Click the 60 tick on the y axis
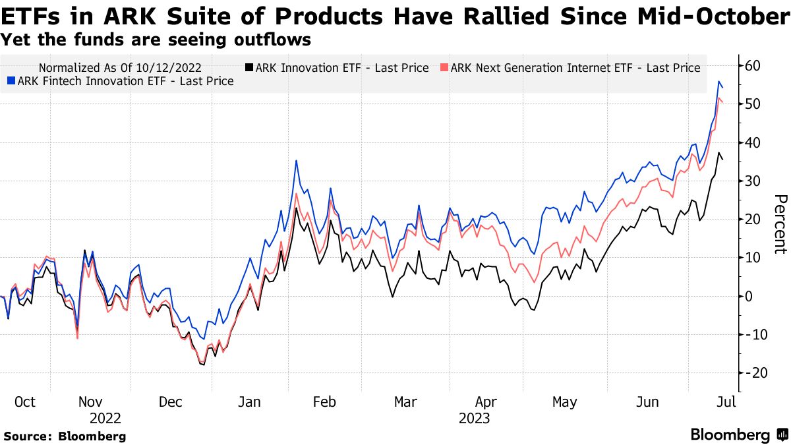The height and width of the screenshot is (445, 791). [753, 66]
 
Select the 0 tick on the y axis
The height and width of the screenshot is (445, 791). [749, 296]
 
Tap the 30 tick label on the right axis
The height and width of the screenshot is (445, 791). [753, 181]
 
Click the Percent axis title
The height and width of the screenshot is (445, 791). [780, 224]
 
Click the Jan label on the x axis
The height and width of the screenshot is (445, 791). [250, 401]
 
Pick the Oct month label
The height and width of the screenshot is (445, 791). [24, 401]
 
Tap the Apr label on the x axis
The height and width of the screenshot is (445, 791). [485, 401]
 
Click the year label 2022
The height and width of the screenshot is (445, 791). [105, 419]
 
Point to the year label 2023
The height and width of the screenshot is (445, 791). [474, 419]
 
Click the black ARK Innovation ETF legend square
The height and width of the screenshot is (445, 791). [249, 68]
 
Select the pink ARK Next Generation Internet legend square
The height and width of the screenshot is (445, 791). [444, 68]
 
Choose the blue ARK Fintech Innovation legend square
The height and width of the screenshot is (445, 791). [11, 82]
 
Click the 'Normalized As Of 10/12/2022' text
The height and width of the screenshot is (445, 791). [120, 68]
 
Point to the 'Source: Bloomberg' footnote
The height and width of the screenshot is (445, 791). [65, 436]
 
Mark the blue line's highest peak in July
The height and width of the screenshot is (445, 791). [718, 81]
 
